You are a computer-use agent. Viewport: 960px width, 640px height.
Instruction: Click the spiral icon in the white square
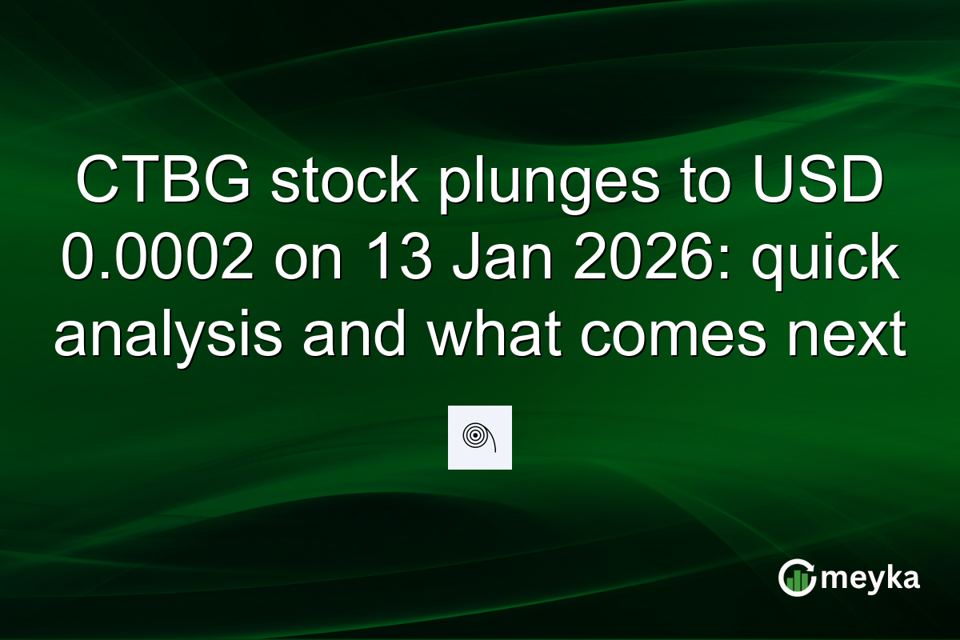coord(479,438)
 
